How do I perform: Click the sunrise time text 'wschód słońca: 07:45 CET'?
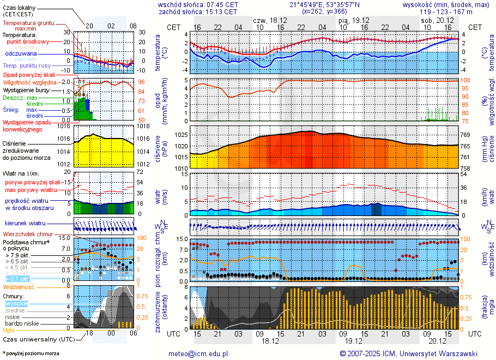coord(198,4)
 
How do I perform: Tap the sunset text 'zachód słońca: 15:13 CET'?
coord(198,11)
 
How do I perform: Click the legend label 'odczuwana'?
coord(21,53)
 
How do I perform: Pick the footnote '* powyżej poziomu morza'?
coord(31,353)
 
